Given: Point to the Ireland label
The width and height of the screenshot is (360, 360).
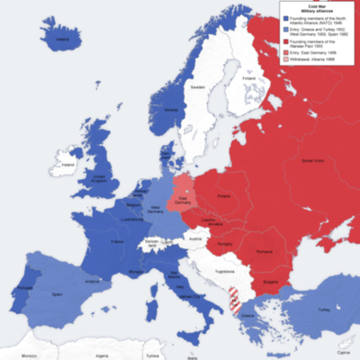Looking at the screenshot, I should click(64, 166).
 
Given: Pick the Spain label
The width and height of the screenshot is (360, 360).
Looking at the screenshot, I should click(58, 293).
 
